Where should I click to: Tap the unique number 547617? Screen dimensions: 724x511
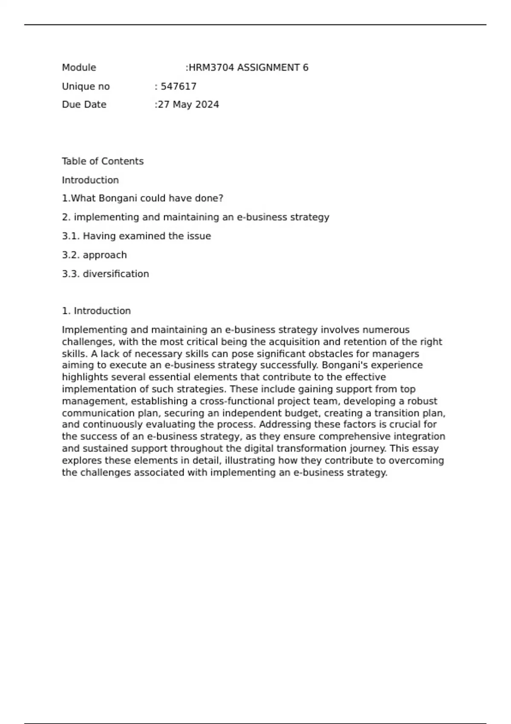coord(179,86)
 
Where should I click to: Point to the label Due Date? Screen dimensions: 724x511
coord(84,105)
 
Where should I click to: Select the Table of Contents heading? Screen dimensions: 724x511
coord(103,161)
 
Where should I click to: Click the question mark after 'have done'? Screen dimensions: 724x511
coord(221,198)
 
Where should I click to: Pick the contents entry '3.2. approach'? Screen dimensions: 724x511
coord(94,255)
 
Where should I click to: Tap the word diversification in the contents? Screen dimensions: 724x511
coord(116,274)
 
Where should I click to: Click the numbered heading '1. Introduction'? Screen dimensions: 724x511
coord(96,311)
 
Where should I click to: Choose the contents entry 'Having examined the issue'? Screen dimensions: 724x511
coord(147,236)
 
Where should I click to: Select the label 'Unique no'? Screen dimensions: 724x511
coord(86,86)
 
